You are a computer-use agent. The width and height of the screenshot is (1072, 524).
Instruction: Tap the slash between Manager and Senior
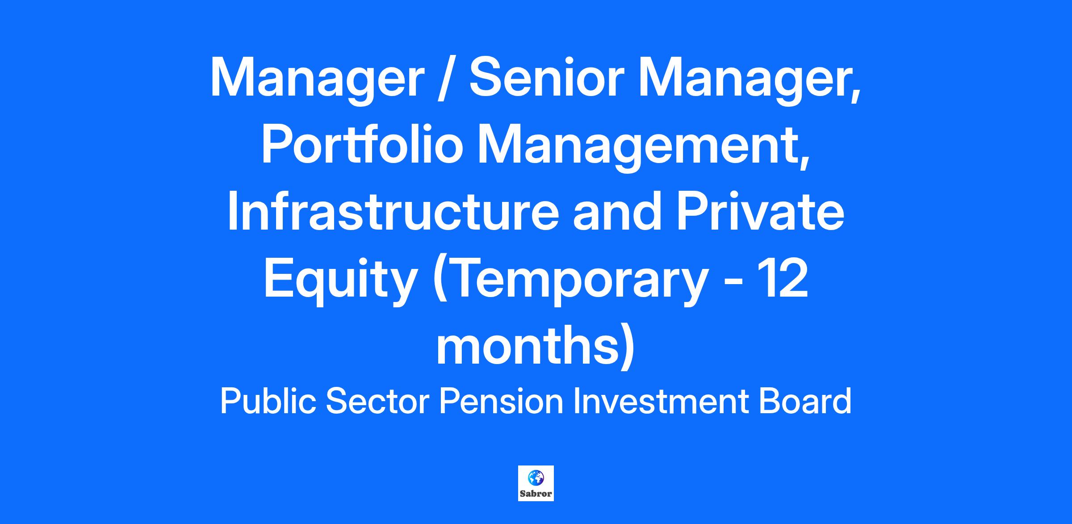(447, 78)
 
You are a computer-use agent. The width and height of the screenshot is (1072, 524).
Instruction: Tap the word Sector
(377, 402)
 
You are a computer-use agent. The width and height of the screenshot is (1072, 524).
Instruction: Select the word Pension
(501, 402)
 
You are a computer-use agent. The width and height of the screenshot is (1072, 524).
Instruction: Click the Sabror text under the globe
(536, 494)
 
